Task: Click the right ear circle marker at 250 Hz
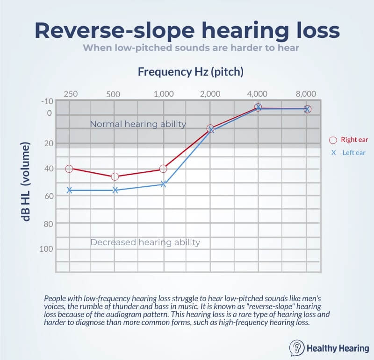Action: click(x=69, y=169)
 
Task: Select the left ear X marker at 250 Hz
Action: click(x=69, y=190)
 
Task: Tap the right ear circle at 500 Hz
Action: click(x=115, y=176)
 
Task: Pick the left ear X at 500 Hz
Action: click(x=115, y=190)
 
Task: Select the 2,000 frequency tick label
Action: click(x=210, y=94)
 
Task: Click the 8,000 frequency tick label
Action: click(x=306, y=94)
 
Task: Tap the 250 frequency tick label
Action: click(x=70, y=94)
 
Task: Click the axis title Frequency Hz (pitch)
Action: click(x=190, y=72)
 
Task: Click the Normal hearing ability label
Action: click(x=138, y=124)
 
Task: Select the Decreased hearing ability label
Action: click(x=145, y=242)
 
